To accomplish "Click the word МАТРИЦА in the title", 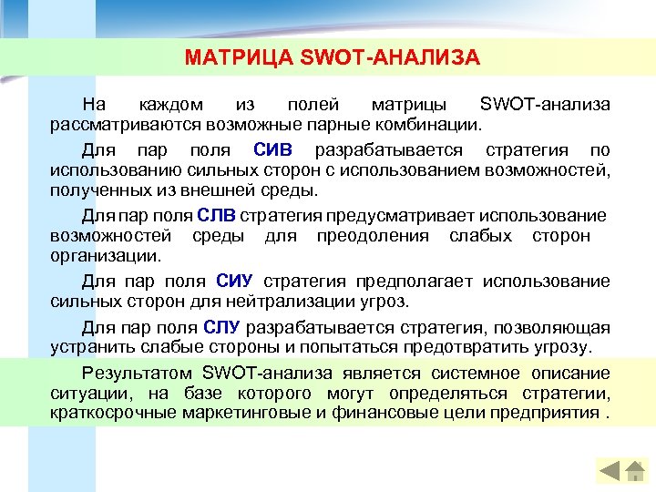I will pos(226,59).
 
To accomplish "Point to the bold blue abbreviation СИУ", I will pos(235,281).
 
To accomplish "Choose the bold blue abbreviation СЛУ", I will pos(222,327).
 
